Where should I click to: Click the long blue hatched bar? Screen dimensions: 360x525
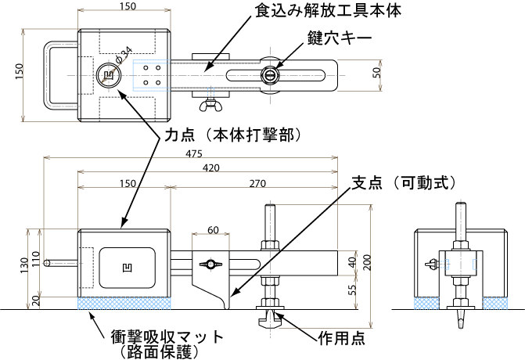tap(124, 303)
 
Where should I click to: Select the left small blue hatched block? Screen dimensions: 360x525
tap(426, 303)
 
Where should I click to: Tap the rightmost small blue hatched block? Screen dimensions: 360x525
tap(494, 303)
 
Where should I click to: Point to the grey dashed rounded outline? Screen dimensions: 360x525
tap(49, 75)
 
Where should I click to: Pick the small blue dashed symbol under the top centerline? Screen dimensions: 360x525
tap(210, 92)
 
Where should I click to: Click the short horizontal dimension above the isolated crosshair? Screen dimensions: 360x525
tap(210, 233)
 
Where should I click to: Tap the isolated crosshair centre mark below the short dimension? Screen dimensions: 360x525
tap(210, 265)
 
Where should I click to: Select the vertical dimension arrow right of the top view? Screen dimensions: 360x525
tap(380, 75)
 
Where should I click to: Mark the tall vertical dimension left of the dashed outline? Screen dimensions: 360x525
tap(23, 75)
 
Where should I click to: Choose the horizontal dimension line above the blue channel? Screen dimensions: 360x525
tap(124, 10)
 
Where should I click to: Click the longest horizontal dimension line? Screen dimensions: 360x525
tap(190, 157)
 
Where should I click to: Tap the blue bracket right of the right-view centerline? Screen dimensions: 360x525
tap(474, 265)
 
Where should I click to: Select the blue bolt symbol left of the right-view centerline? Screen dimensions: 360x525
tap(444, 265)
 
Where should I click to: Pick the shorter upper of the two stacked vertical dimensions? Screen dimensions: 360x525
tap(356, 263)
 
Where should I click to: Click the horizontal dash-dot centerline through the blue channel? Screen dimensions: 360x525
tap(235, 75)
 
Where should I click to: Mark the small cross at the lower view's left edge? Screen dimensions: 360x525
tap(45, 263)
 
